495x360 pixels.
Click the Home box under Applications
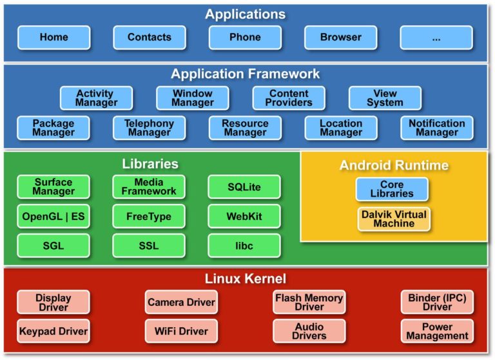tap(53, 37)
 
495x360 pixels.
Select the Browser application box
tap(340, 37)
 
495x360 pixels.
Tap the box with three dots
tap(436, 37)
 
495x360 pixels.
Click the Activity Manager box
tap(96, 98)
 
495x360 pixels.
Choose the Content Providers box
tap(288, 98)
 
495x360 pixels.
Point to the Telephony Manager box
tap(149, 128)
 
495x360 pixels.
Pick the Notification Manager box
tap(436, 128)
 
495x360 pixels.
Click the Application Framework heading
tap(245, 74)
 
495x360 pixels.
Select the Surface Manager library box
tap(53, 186)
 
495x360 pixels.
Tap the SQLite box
tap(244, 186)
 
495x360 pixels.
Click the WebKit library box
tap(244, 216)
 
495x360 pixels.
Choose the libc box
tap(244, 246)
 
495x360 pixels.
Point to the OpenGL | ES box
tap(53, 216)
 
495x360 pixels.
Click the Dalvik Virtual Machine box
tap(393, 219)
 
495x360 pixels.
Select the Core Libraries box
tap(392, 189)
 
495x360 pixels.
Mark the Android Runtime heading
tap(394, 166)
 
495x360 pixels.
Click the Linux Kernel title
tap(246, 279)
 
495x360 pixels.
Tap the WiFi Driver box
tap(181, 331)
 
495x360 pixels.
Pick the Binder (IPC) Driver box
tap(437, 302)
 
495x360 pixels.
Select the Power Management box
tap(437, 331)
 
